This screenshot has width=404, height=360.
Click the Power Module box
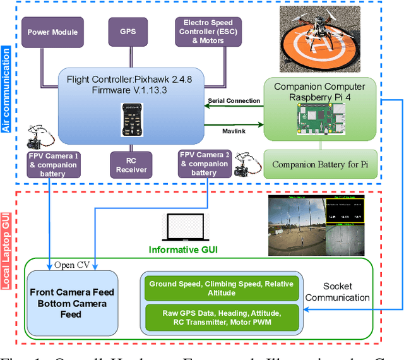coord(52,32)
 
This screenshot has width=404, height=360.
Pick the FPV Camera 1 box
coord(52,164)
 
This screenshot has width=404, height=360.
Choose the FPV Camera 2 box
coord(203,164)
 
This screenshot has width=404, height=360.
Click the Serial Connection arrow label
coord(233,100)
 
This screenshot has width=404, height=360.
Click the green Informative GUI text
coord(183,250)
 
